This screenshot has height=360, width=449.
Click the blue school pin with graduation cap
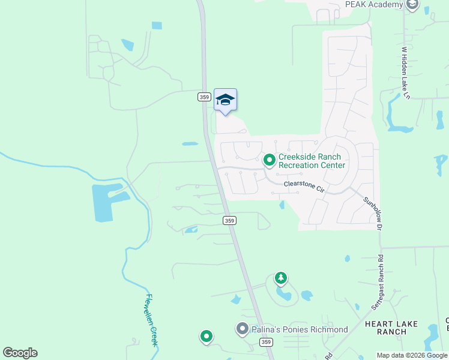[225, 100]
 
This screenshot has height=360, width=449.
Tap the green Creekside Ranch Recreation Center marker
[270, 160]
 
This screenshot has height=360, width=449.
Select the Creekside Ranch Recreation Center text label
[312, 161]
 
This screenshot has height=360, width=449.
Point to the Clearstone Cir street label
[304, 187]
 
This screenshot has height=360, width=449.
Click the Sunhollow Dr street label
[372, 213]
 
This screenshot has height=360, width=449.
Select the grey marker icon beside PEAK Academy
[412, 5]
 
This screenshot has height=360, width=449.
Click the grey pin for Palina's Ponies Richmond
[242, 329]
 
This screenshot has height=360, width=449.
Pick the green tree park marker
[280, 278]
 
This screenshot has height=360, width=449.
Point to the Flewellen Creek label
[151, 319]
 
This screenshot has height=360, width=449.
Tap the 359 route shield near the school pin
[203, 97]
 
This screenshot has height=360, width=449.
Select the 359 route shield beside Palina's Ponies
[266, 342]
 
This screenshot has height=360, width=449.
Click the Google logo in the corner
[20, 353]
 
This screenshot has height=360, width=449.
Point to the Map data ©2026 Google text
[412, 355]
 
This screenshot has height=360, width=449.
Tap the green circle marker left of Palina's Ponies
[206, 337]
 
